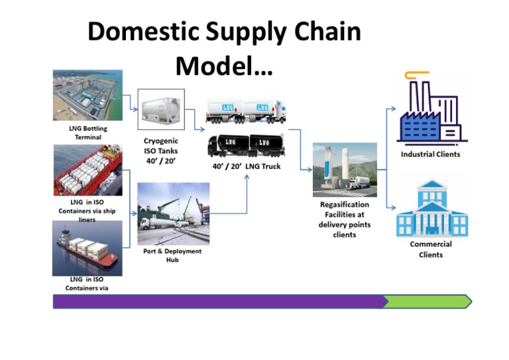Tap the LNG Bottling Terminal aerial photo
tap(87, 95)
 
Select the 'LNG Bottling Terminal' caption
tap(87, 132)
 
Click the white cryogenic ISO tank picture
tap(160, 109)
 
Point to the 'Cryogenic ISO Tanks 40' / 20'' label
tap(160, 150)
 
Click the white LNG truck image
tap(246, 111)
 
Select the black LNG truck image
tap(246, 146)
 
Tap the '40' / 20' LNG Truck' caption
tap(246, 166)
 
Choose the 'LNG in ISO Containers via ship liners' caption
tap(87, 210)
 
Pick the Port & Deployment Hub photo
tap(173, 213)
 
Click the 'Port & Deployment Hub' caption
tap(172, 255)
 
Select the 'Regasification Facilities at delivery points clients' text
tap(344, 219)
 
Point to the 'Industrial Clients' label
tap(430, 154)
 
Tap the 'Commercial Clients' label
tap(431, 249)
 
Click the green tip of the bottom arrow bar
tap(427, 302)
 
